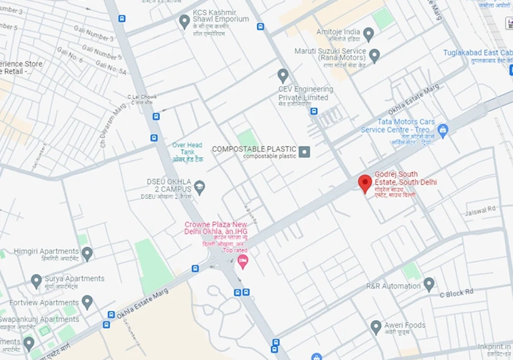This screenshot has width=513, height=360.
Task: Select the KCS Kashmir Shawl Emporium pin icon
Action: (x=185, y=21)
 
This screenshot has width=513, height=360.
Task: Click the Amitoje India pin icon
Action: (x=368, y=33)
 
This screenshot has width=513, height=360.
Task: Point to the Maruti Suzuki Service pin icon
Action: (x=374, y=55)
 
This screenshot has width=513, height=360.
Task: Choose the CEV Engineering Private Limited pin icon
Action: (x=283, y=75)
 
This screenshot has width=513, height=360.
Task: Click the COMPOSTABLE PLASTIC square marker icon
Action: (x=304, y=152)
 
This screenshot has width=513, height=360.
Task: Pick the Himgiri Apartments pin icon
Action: (x=87, y=253)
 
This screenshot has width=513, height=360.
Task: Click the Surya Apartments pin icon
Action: (x=37, y=281)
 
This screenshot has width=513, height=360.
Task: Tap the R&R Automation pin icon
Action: (x=429, y=285)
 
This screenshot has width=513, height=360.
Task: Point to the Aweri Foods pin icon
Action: (x=376, y=327)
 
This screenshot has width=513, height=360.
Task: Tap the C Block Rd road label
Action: (x=456, y=292)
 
